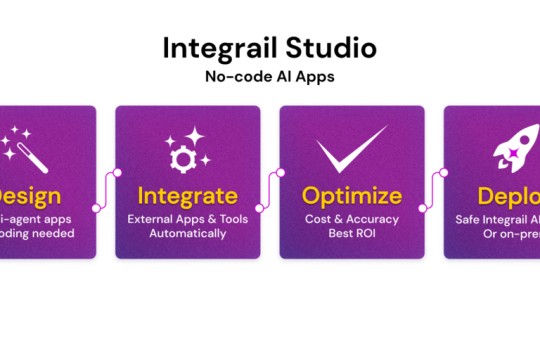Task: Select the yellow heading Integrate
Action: (x=188, y=194)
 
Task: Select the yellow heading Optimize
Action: (x=352, y=194)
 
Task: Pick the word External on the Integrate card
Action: (x=153, y=218)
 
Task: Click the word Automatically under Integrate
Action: (x=188, y=234)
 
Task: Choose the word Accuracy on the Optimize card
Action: (x=371, y=218)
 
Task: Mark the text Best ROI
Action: (x=352, y=234)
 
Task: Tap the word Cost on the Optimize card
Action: (x=319, y=218)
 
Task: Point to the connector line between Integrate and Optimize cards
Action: (x=270, y=190)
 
